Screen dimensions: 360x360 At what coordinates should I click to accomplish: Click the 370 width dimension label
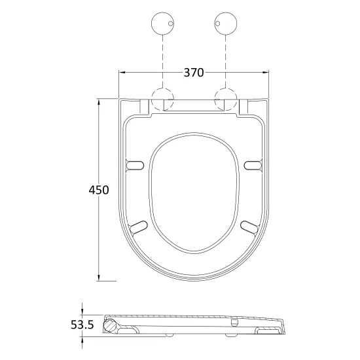tap(194, 73)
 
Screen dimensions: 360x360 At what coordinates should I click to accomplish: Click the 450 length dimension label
tap(99, 190)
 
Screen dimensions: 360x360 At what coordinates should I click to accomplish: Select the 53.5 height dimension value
tap(82, 325)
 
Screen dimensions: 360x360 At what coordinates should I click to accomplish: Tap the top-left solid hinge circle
tap(162, 24)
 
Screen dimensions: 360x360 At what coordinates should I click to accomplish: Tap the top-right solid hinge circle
tap(226, 24)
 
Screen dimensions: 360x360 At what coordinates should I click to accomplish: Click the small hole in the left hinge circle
tap(170, 24)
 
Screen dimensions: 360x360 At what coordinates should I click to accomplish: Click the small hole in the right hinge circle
tap(218, 24)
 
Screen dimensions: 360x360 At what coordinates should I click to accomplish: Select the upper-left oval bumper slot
tap(135, 166)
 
